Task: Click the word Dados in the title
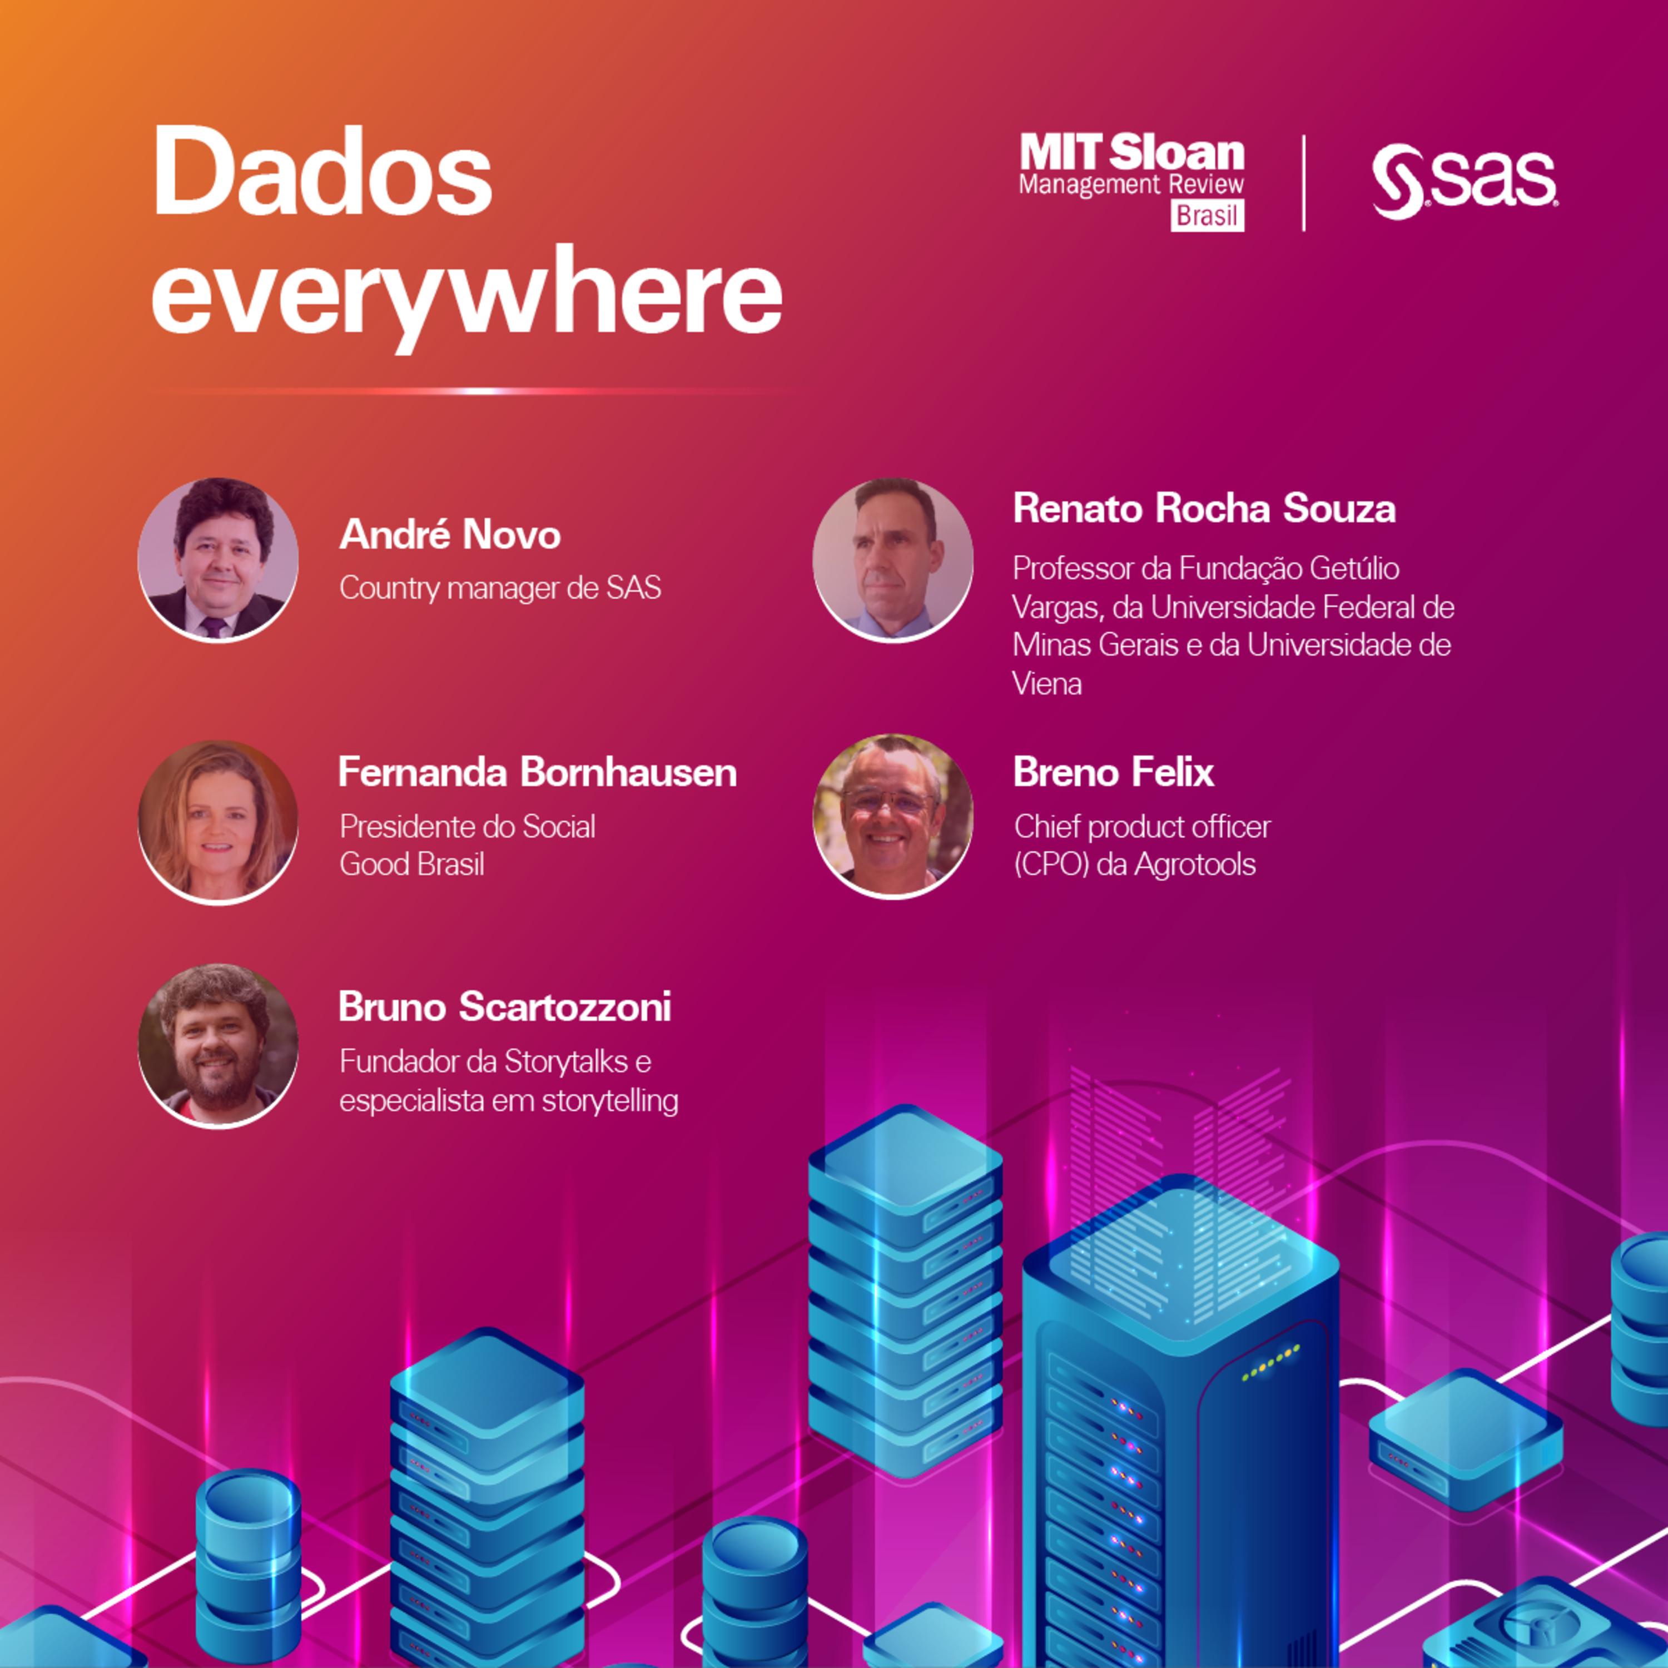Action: tap(323, 173)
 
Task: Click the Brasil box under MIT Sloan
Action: tap(1207, 215)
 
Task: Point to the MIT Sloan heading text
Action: tap(1132, 153)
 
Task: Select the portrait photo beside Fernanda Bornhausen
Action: tap(219, 821)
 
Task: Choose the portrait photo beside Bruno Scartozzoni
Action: tap(219, 1045)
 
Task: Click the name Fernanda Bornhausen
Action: tap(537, 772)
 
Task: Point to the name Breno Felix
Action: tap(1114, 772)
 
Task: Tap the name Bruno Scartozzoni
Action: tap(504, 1007)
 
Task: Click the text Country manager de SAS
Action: tap(500, 588)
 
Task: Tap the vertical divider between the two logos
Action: tap(1304, 183)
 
